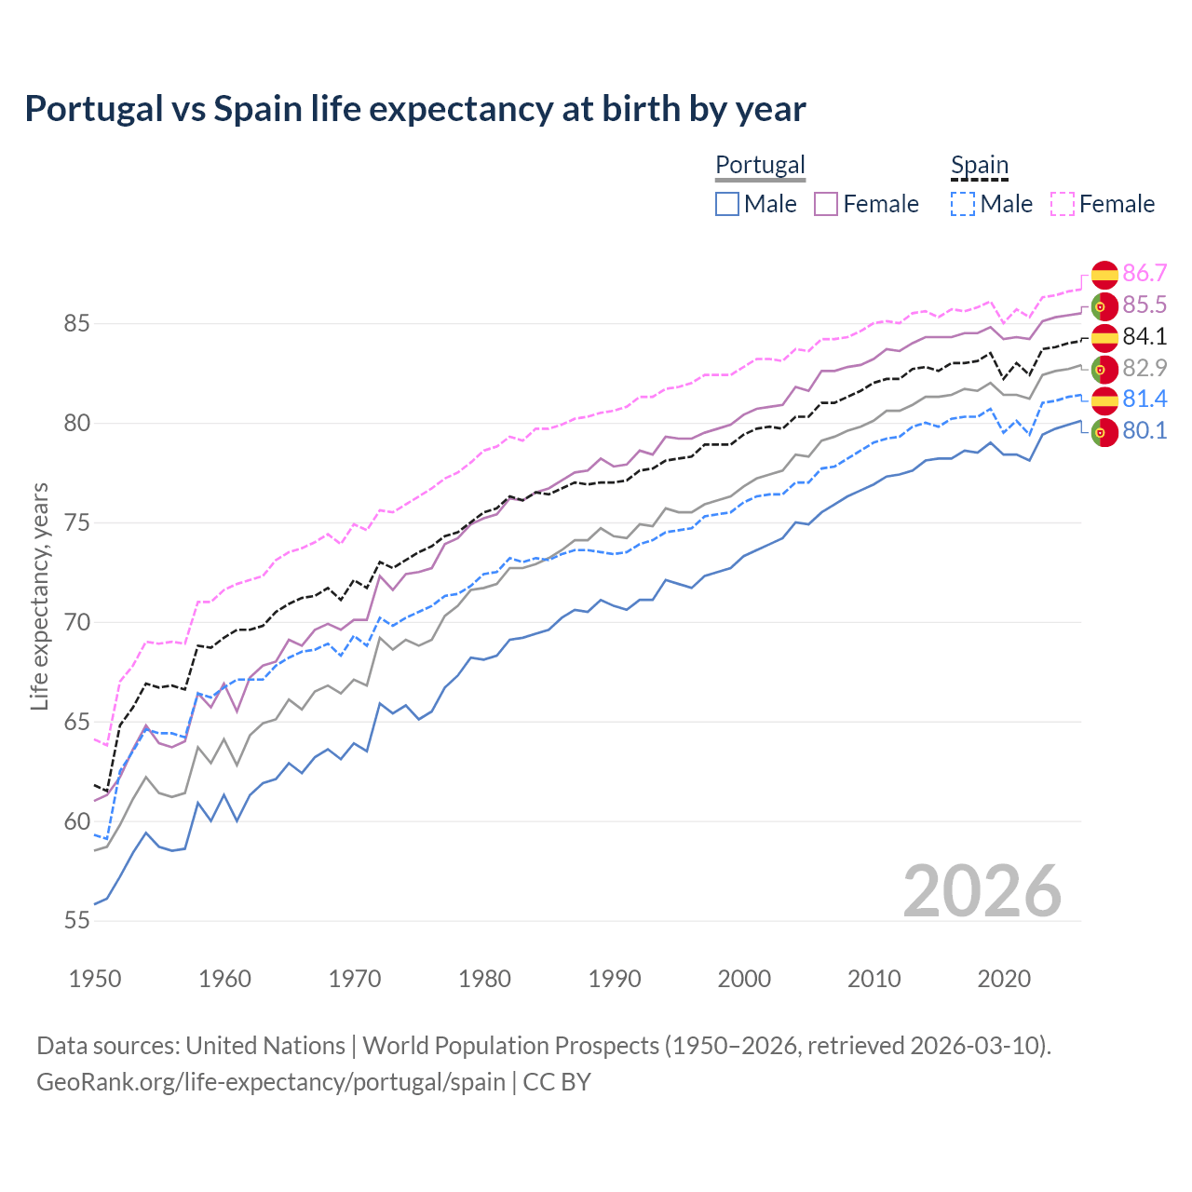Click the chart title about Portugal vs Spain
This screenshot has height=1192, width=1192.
[415, 109]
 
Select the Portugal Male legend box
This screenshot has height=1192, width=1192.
[727, 204]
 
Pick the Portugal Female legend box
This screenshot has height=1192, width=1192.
[826, 204]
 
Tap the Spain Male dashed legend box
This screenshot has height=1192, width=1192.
[964, 204]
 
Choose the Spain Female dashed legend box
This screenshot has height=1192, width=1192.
[1063, 204]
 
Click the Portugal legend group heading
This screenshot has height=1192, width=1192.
[760, 165]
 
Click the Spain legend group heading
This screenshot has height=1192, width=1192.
[980, 165]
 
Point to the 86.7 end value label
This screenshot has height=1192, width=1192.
[1145, 273]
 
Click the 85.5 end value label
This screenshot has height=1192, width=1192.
[1145, 305]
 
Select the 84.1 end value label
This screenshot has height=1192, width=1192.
[1145, 336]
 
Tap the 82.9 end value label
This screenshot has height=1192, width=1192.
[1145, 368]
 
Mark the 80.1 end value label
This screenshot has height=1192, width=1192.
[1145, 430]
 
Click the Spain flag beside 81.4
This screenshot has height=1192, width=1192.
[1104, 400]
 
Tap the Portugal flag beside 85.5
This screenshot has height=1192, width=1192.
[1104, 305]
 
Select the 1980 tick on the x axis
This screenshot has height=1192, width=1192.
[484, 979]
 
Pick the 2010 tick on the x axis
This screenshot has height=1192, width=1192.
[874, 979]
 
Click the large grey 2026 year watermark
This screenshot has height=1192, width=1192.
[982, 891]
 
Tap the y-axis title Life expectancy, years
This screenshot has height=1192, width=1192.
[40, 596]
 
